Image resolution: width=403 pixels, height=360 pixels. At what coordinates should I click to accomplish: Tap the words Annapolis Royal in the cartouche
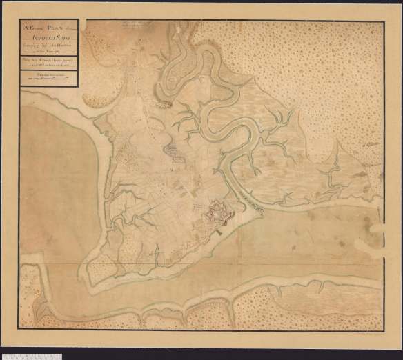pos(48,33)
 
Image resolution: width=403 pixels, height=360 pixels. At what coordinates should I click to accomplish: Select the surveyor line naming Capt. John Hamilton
pos(49,40)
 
